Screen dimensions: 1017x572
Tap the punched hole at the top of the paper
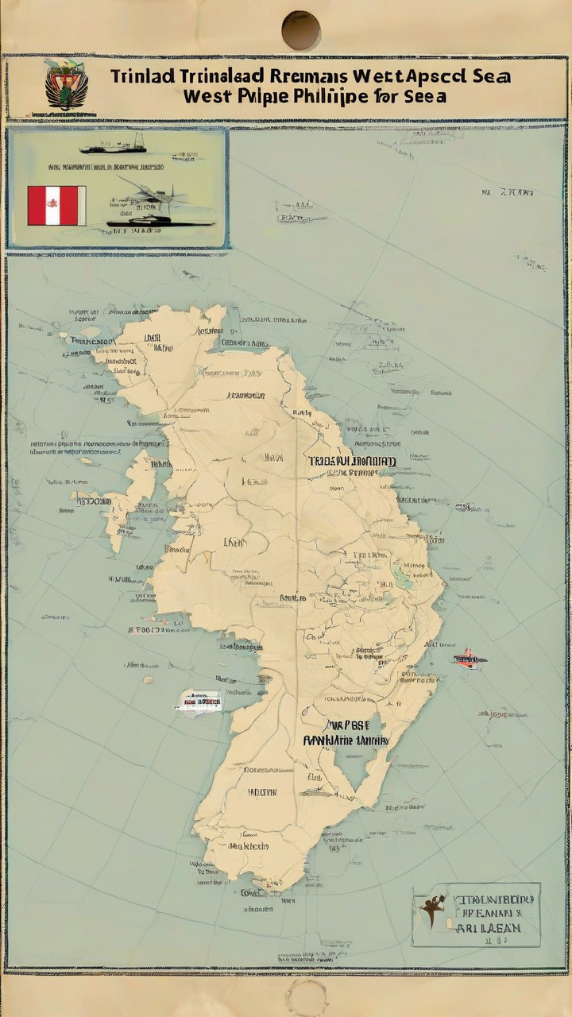[301, 30]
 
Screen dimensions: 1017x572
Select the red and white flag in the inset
[56, 205]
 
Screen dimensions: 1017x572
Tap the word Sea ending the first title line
[490, 77]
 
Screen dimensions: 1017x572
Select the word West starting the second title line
[208, 97]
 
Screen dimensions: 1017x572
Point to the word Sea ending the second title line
[427, 97]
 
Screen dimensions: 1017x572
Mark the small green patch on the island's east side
[404, 578]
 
